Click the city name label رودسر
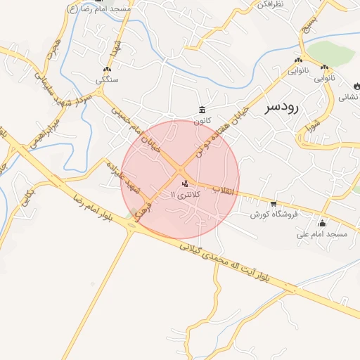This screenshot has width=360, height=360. point(283,107)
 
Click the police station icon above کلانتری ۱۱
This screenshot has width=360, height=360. point(185,184)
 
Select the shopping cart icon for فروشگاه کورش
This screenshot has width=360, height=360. point(274,203)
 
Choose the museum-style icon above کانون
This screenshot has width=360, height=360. point(202,109)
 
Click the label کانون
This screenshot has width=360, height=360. point(203,120)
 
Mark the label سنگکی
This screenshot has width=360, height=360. point(108,80)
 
